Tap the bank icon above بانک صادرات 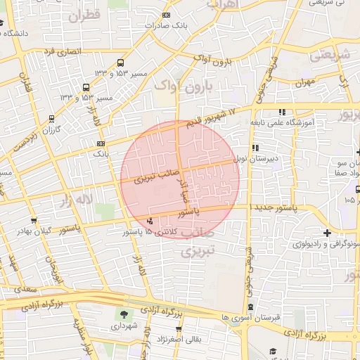click(166, 15)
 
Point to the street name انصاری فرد click(63, 51)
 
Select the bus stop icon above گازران click(51, 119)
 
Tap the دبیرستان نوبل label click(257, 158)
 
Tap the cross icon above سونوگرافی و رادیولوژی click(327, 233)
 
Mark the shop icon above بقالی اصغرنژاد click(179, 328)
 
